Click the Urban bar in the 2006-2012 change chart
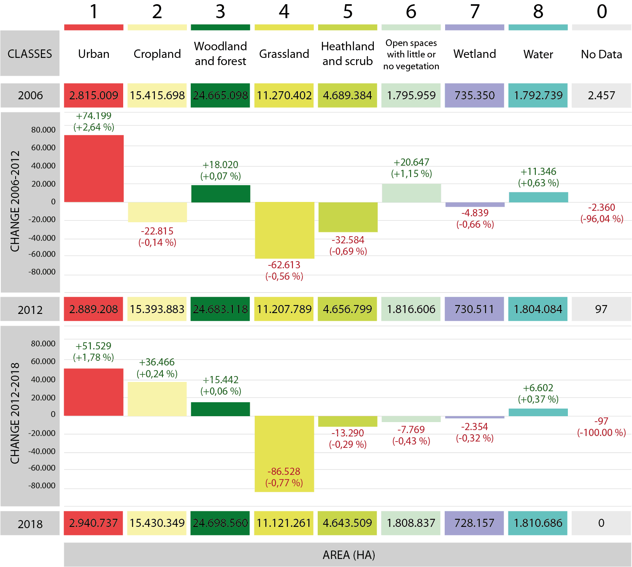click(94, 168)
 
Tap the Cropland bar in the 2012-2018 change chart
click(157, 399)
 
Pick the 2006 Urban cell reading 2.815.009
click(94, 95)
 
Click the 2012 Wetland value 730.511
click(474, 309)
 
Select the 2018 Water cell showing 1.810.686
click(538, 523)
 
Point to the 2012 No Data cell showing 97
click(601, 309)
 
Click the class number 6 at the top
click(411, 12)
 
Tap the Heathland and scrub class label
click(348, 54)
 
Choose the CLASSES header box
click(30, 54)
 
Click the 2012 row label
click(30, 310)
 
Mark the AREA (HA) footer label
click(348, 555)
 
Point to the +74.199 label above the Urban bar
click(94, 116)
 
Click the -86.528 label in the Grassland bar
click(284, 472)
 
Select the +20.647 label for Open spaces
click(411, 162)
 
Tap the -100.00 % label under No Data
click(602, 433)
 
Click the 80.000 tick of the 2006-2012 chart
click(43, 130)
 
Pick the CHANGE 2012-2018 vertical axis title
click(15, 413)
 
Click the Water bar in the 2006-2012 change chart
click(538, 197)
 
